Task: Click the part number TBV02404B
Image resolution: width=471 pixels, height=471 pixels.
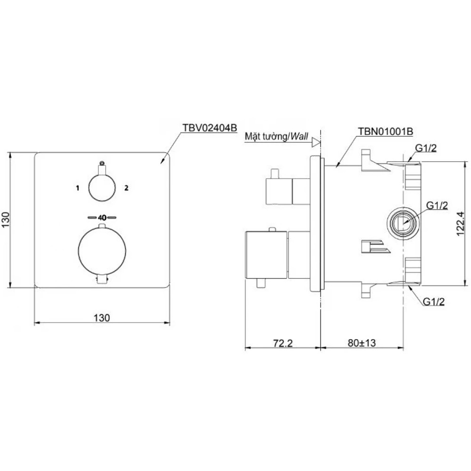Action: coord(210,128)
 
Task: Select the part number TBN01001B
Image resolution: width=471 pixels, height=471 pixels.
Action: coord(385,131)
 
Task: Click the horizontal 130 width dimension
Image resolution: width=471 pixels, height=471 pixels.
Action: coord(102,317)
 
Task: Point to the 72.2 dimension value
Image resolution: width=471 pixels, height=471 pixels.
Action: coord(283,343)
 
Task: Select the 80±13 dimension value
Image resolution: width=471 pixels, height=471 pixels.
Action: coord(362,343)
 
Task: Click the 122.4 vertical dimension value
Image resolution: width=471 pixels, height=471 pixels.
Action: coord(460,224)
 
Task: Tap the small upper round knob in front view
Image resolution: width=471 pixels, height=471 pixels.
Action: coord(102,187)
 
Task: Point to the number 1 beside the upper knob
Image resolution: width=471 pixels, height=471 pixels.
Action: coord(78,188)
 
